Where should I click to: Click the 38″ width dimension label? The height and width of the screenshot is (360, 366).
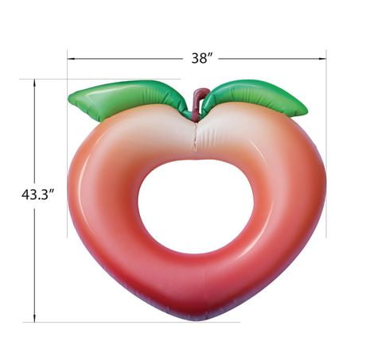(x=202, y=58)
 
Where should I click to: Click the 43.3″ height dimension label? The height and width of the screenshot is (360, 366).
(x=38, y=195)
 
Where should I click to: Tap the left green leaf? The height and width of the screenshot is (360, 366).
(x=125, y=98)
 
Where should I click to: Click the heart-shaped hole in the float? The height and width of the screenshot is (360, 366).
(x=196, y=204)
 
